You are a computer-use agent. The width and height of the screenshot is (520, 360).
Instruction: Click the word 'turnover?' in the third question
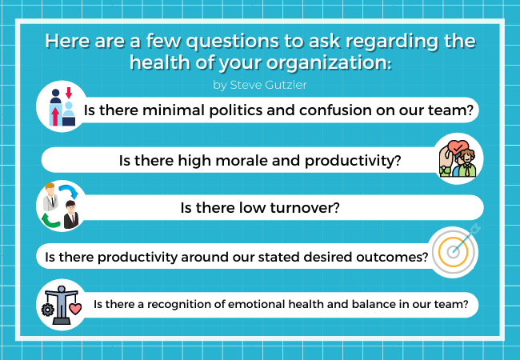pyautogui.click(x=305, y=208)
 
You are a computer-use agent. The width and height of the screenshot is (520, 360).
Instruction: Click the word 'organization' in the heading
pyautogui.click(x=329, y=62)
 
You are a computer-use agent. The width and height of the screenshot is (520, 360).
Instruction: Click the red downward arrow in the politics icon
pyautogui.click(x=69, y=93)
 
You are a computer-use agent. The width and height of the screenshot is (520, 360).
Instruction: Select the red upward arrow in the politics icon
pyautogui.click(x=55, y=116)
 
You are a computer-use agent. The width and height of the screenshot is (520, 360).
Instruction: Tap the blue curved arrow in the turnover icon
pyautogui.click(x=69, y=190)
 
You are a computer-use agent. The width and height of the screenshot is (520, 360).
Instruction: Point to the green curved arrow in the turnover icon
pyautogui.click(x=50, y=221)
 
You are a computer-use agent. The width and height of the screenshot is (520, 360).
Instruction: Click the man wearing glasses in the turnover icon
pyautogui.click(x=71, y=214)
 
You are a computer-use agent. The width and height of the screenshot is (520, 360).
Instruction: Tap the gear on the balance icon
pyautogui.click(x=48, y=310)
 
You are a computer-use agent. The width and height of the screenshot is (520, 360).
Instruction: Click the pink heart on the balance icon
pyautogui.click(x=75, y=309)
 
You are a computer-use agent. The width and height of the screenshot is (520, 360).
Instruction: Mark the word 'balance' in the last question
pyautogui.click(x=374, y=304)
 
